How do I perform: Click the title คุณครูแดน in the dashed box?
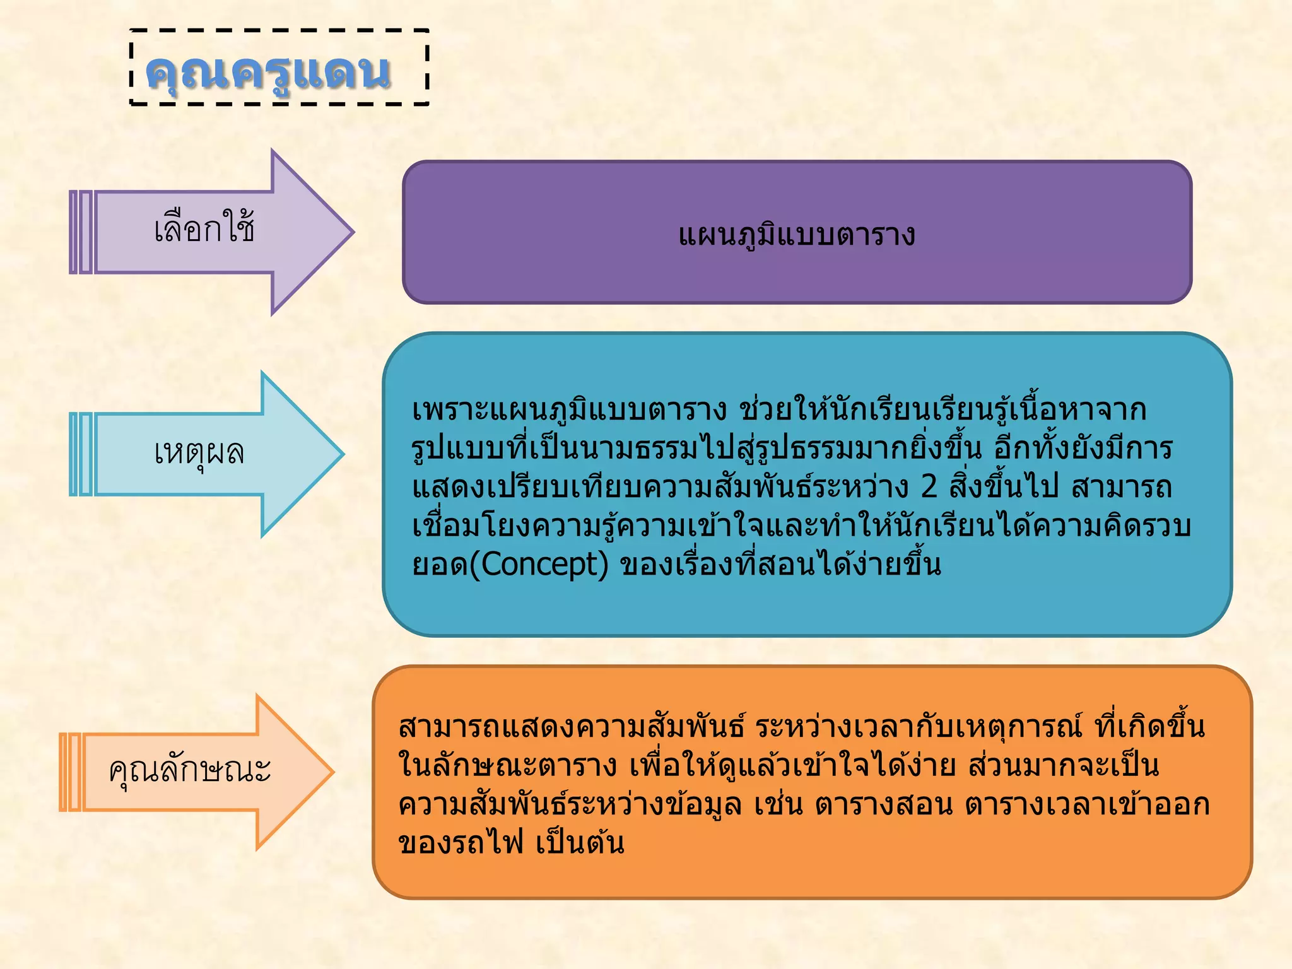click(268, 71)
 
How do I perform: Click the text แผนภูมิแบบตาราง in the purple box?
click(796, 234)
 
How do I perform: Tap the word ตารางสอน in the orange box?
click(883, 804)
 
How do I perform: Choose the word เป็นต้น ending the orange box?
click(580, 843)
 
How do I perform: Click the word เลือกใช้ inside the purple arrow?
click(204, 228)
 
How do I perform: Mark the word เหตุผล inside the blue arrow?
click(199, 452)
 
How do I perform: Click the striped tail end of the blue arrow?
click(81, 454)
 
